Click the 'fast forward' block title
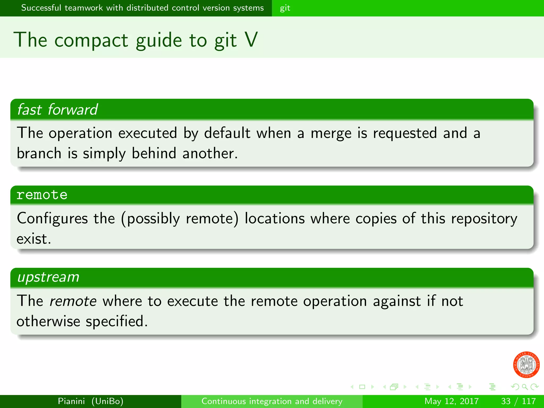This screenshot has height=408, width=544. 57,109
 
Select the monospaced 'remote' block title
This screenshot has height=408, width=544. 42,195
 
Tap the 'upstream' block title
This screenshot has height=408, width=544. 48,277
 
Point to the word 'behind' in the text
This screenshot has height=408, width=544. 154,154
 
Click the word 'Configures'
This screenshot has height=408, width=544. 52,219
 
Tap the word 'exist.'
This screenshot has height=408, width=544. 34,239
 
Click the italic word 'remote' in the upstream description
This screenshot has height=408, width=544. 73,301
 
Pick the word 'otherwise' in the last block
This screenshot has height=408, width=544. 48,321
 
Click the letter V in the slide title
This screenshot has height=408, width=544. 251,40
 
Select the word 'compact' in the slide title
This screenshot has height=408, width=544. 91,41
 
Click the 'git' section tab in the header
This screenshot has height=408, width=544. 285,8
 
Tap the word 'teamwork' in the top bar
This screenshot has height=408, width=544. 83,8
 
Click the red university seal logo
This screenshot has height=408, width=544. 526,364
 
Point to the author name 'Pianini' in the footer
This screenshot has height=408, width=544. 71,401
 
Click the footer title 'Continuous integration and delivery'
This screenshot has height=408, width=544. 272,401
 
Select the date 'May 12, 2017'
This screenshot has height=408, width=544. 451,401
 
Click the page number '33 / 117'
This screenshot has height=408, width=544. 518,401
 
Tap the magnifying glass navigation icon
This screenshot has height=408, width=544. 524,387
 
